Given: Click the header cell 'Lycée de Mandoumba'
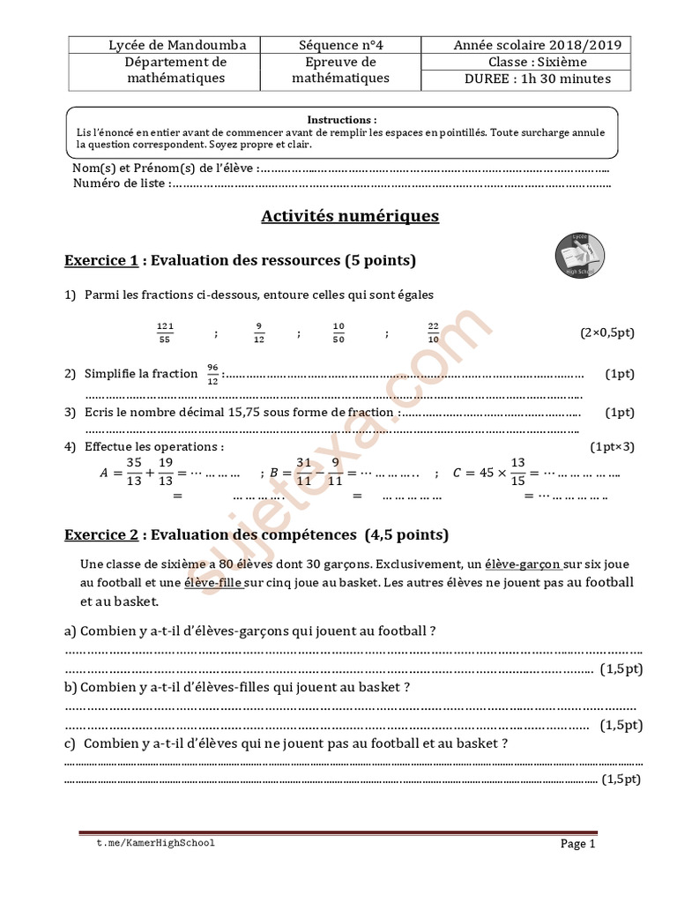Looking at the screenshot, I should tap(177, 45).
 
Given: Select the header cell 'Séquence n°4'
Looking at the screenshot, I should tap(340, 45).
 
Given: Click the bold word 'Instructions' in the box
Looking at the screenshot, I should tap(341, 119).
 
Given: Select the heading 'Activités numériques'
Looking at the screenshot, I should tap(350, 216).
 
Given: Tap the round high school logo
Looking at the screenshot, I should tap(579, 256).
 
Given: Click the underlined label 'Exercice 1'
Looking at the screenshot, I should tap(101, 261).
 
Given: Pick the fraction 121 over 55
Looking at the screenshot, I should tap(165, 332).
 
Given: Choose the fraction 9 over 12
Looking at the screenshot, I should tap(258, 332).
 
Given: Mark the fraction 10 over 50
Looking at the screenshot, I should tap(339, 332).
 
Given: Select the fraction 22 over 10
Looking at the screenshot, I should tap(433, 332).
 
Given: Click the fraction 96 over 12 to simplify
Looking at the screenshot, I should tap(212, 374).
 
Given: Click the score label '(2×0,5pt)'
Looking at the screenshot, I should tap(606, 332).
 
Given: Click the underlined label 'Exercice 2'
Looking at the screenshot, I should tap(101, 534).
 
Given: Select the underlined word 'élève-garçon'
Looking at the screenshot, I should tap(523, 563).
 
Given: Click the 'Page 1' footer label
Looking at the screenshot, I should tap(578, 844).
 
